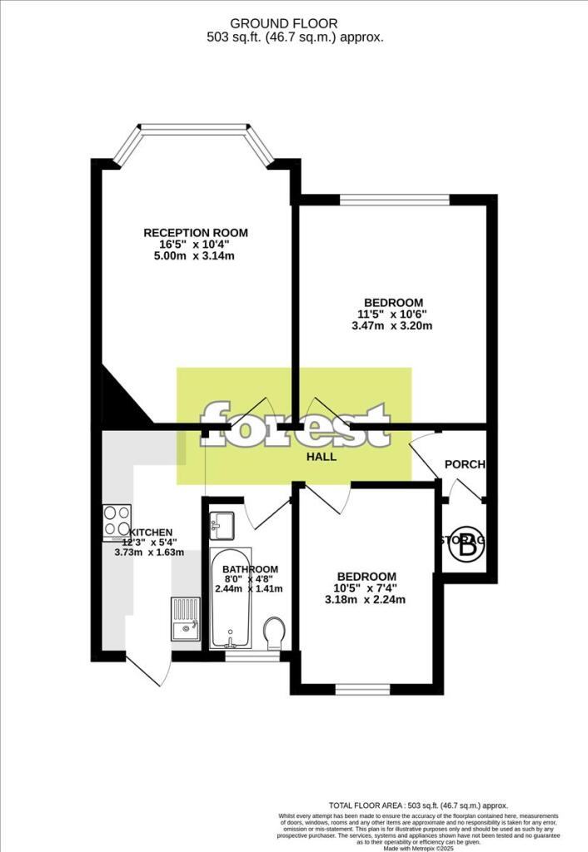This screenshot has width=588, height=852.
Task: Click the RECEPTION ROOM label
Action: [196, 233]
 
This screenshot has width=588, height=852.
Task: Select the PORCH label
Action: [464, 464]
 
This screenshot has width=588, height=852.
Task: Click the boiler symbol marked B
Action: [469, 545]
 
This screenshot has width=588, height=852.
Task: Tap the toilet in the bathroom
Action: [273, 634]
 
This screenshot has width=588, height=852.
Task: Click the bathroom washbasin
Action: [223, 523]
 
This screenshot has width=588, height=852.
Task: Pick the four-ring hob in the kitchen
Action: [116, 521]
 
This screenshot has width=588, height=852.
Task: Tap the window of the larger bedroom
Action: [395, 200]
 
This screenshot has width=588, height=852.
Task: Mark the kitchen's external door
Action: [143, 670]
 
